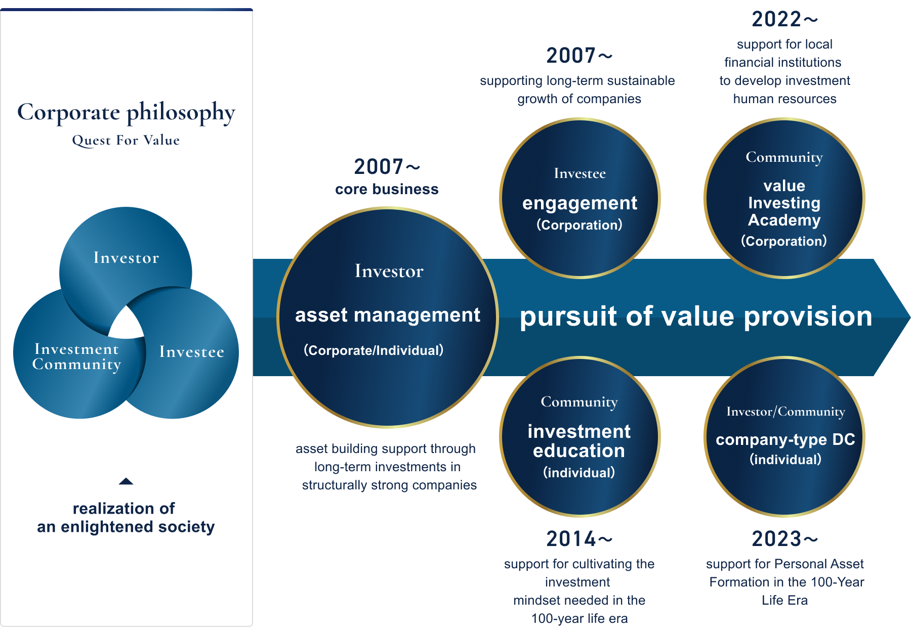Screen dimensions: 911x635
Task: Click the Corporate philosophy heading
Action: (x=126, y=113)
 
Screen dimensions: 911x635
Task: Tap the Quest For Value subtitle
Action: (x=126, y=140)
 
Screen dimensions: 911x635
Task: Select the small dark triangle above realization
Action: (x=126, y=481)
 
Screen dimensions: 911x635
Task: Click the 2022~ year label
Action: (x=784, y=19)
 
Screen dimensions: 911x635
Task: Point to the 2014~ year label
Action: (x=579, y=539)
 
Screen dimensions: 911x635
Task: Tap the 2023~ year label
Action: (x=784, y=539)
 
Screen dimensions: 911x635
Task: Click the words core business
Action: (x=387, y=189)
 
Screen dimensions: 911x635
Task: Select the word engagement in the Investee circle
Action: (x=579, y=203)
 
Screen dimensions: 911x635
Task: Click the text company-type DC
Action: (x=785, y=440)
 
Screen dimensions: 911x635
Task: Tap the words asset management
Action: (x=388, y=315)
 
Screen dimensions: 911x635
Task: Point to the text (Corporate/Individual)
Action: (x=374, y=350)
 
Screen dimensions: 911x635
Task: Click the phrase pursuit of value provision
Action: (x=696, y=317)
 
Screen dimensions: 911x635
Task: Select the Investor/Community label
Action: (x=785, y=412)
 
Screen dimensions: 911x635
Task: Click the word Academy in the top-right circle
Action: (x=784, y=220)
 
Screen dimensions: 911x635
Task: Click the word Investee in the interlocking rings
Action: (x=191, y=352)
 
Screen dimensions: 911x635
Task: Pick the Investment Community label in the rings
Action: (x=76, y=357)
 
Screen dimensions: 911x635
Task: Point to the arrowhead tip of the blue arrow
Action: (x=909, y=317)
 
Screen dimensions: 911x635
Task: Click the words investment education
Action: (x=579, y=441)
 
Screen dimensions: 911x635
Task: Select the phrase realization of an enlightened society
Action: (x=126, y=517)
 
